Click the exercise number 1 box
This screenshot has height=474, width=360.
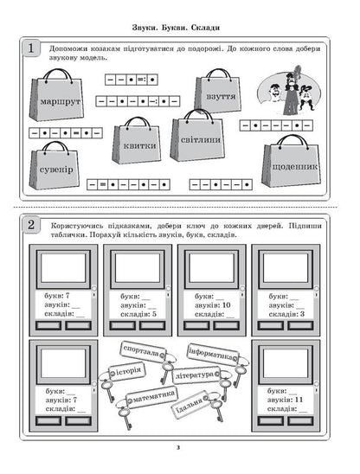[x=32, y=49]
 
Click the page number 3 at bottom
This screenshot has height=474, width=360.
[x=179, y=447]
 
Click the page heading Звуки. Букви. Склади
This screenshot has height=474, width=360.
[x=179, y=27]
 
